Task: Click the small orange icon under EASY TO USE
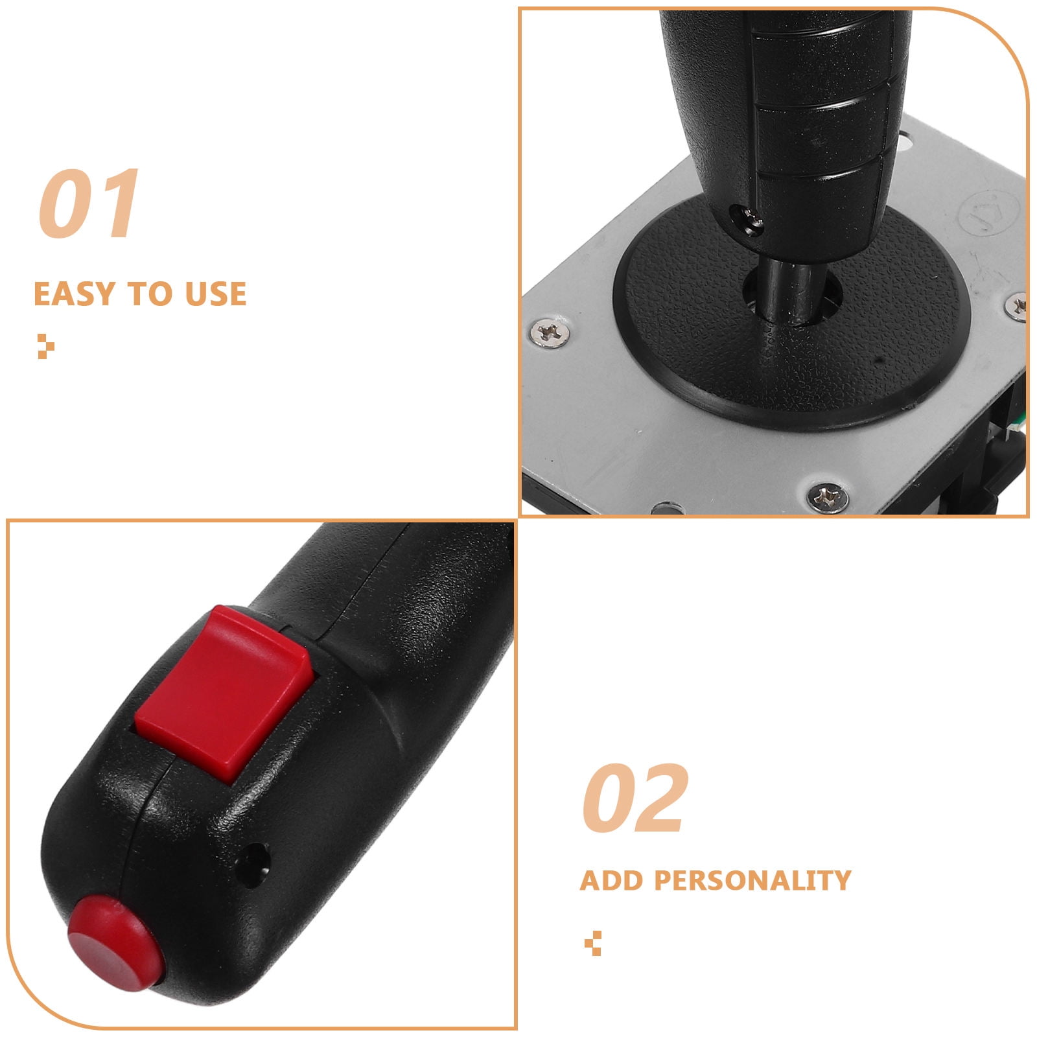pyautogui.click(x=45, y=346)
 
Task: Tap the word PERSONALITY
pyautogui.click(x=752, y=881)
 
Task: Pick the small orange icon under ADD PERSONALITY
pyautogui.click(x=592, y=944)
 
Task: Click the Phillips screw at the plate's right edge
pyautogui.click(x=1018, y=306)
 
